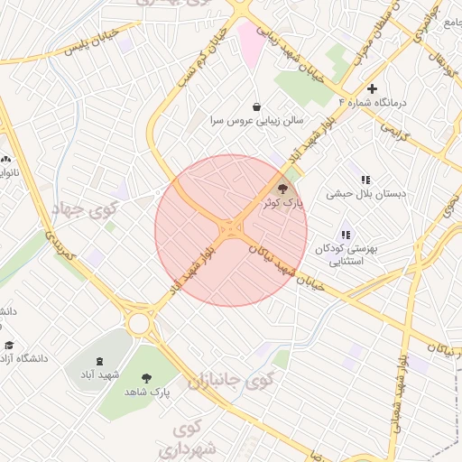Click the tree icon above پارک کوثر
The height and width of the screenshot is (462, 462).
coord(282,189)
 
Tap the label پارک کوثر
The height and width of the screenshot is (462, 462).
coord(282,206)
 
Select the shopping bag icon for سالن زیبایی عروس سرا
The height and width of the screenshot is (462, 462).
coord(257,106)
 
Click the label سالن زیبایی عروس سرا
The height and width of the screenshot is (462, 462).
coord(257,120)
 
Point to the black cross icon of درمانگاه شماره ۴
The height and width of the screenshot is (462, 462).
coord(371,88)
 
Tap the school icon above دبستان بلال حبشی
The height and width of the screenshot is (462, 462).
coord(365,180)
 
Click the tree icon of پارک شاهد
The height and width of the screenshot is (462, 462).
coord(148,378)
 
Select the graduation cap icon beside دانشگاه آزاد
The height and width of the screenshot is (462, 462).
coord(10,345)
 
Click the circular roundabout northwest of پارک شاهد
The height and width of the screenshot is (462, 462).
coord(139,323)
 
